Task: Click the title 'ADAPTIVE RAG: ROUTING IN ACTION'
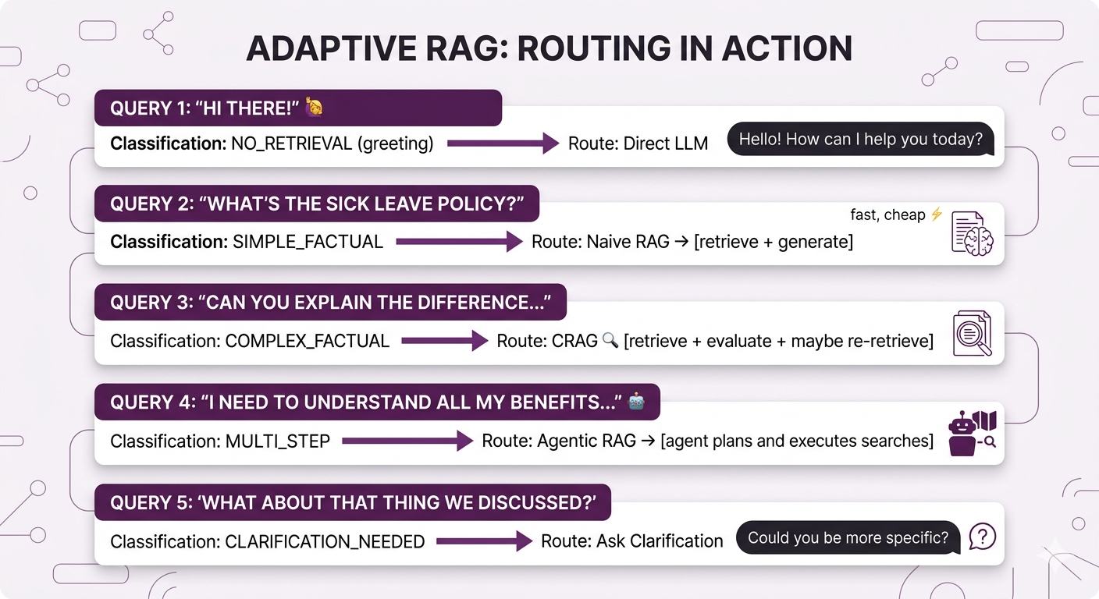click(x=549, y=48)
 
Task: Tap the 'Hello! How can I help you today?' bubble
click(x=861, y=139)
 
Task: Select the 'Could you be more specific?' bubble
click(x=848, y=537)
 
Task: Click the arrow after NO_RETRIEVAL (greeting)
click(x=503, y=144)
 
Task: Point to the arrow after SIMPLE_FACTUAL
click(x=459, y=242)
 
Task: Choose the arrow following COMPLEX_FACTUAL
click(x=444, y=341)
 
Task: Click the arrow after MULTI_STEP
click(x=407, y=441)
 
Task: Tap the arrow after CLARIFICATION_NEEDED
click(x=484, y=541)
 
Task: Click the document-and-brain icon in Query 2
click(x=972, y=233)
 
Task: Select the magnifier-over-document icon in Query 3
click(x=972, y=333)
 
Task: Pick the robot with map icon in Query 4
click(x=972, y=434)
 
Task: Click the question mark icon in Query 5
click(x=982, y=537)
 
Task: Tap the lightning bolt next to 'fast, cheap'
click(x=937, y=214)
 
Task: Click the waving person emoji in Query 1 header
click(x=314, y=107)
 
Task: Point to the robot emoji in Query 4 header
click(x=636, y=402)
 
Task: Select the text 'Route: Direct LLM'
click(x=638, y=144)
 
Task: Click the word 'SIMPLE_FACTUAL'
click(x=308, y=242)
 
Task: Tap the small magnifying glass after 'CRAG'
click(x=610, y=340)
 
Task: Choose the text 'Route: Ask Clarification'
click(x=632, y=541)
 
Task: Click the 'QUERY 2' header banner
click(x=317, y=204)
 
